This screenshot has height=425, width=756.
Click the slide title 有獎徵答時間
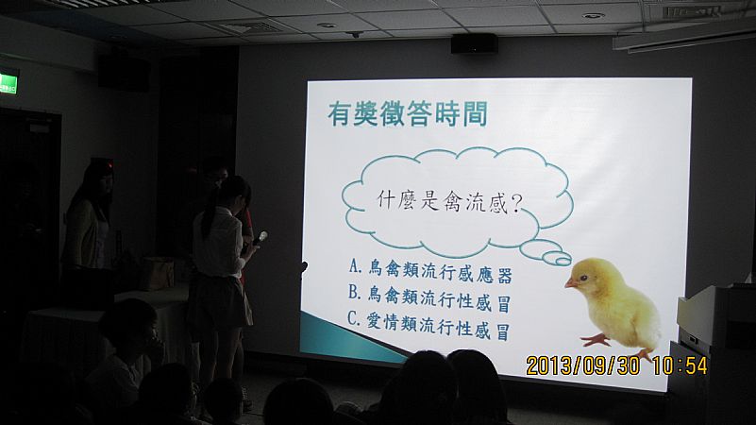click(408, 114)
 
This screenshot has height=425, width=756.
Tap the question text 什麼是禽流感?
click(449, 202)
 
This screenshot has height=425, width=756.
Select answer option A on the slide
click(429, 271)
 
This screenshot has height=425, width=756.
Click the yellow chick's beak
click(571, 283)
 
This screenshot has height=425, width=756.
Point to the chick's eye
click(584, 278)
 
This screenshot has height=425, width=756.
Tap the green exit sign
click(8, 82)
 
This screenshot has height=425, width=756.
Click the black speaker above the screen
click(474, 43)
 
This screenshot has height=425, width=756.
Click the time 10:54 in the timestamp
click(680, 365)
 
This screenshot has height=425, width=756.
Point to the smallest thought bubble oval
click(563, 261)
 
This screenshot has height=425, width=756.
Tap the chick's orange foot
click(596, 340)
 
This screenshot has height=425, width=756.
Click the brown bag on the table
click(158, 273)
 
